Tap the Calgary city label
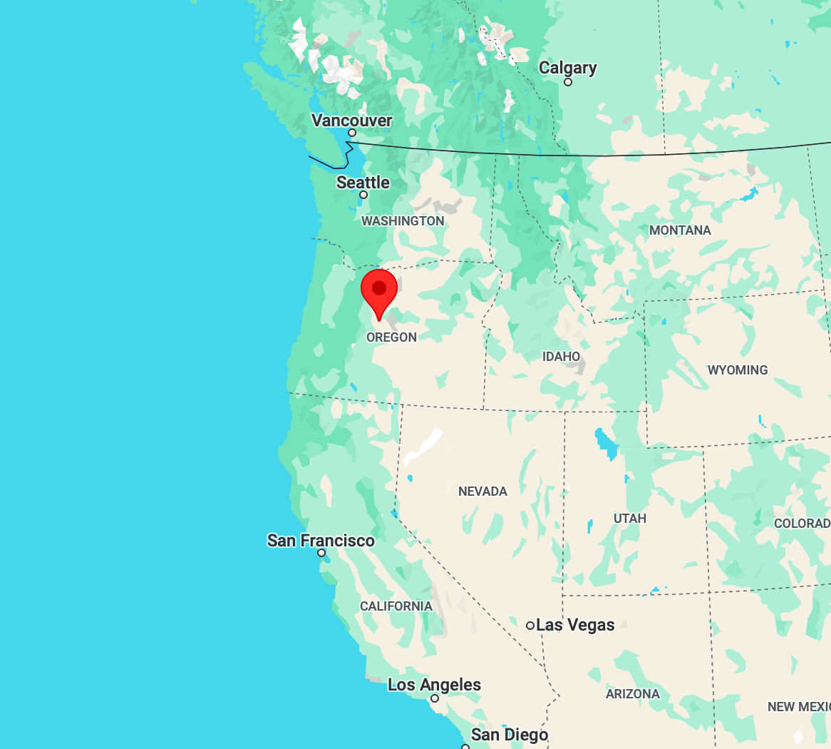pyautogui.click(x=567, y=68)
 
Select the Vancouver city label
pyautogui.click(x=352, y=121)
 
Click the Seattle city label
pyautogui.click(x=363, y=183)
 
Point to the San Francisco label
pyautogui.click(x=321, y=541)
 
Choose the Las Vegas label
pyautogui.click(x=575, y=625)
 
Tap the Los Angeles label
pyautogui.click(x=434, y=685)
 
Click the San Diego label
pyautogui.click(x=510, y=735)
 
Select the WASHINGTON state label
pyautogui.click(x=403, y=221)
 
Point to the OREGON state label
pyautogui.click(x=391, y=337)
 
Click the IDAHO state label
pyautogui.click(x=562, y=356)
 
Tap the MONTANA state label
pyautogui.click(x=680, y=230)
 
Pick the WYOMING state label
pyautogui.click(x=738, y=370)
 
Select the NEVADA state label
pyautogui.click(x=482, y=491)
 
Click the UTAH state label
pyautogui.click(x=630, y=519)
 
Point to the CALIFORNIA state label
pyautogui.click(x=396, y=606)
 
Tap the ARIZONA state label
pyautogui.click(x=633, y=693)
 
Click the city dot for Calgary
pyautogui.click(x=568, y=82)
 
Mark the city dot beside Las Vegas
pyautogui.click(x=530, y=626)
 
